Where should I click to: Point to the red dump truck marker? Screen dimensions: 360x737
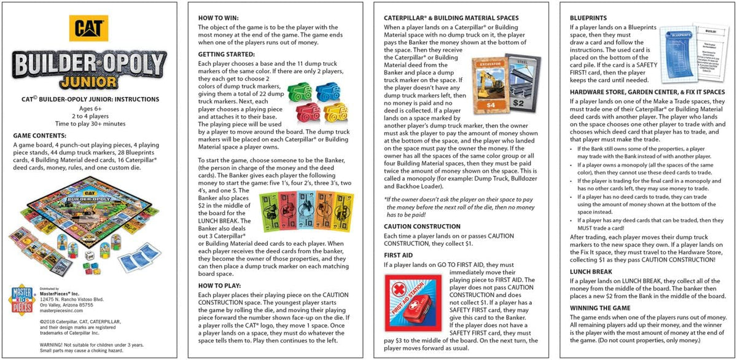coord(306,112)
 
